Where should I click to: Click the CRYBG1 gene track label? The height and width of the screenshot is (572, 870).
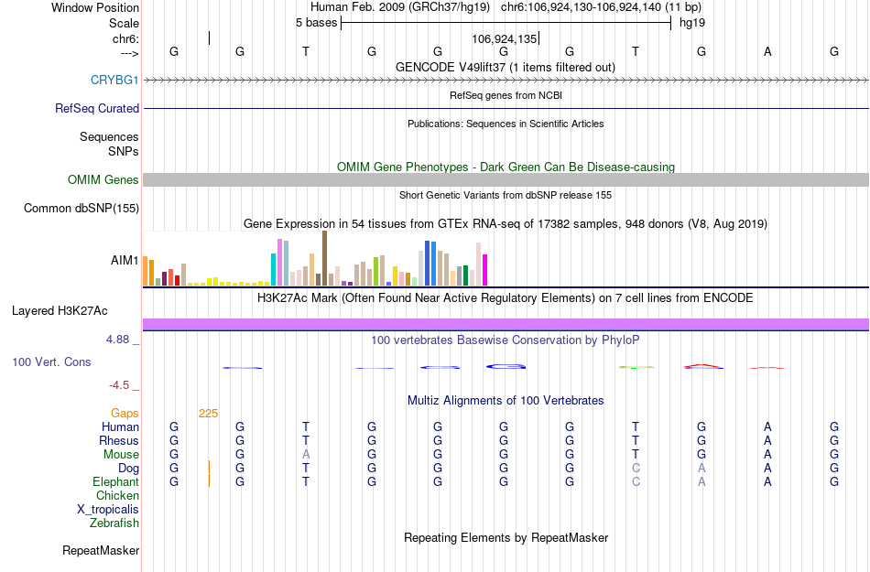coord(114,80)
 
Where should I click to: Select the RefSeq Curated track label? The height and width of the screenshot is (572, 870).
coord(97,108)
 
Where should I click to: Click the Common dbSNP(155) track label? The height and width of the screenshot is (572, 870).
coord(82,208)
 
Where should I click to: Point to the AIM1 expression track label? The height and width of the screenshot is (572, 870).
coord(125,260)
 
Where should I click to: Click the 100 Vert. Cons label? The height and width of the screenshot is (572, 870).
coord(51,362)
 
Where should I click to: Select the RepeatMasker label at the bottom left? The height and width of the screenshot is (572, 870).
coord(101,550)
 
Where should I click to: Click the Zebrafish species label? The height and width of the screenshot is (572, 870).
coord(114,523)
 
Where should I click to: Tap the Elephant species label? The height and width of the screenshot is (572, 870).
coord(115,481)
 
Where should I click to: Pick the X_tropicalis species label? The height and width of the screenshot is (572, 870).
coord(108,509)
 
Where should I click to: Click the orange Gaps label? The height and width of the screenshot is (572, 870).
coord(125,413)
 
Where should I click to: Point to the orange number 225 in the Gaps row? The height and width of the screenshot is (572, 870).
coord(208,413)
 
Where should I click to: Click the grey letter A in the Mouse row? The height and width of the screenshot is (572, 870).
coord(306,454)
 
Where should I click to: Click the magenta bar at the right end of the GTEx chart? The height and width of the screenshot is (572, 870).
coord(485,270)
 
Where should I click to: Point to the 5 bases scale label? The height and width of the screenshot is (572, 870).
coord(316,22)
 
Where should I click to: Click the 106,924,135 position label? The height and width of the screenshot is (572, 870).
coord(504,38)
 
